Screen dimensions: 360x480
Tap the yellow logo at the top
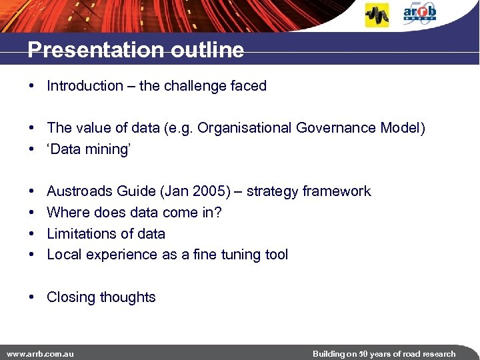click(377, 15)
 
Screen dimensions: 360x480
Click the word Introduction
click(85, 86)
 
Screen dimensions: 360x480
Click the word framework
click(337, 191)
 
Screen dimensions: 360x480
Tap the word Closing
click(71, 297)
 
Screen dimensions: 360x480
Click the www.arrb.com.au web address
click(40, 353)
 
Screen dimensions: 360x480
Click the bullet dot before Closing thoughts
click(32, 297)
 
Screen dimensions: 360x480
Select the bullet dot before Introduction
click(32, 86)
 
